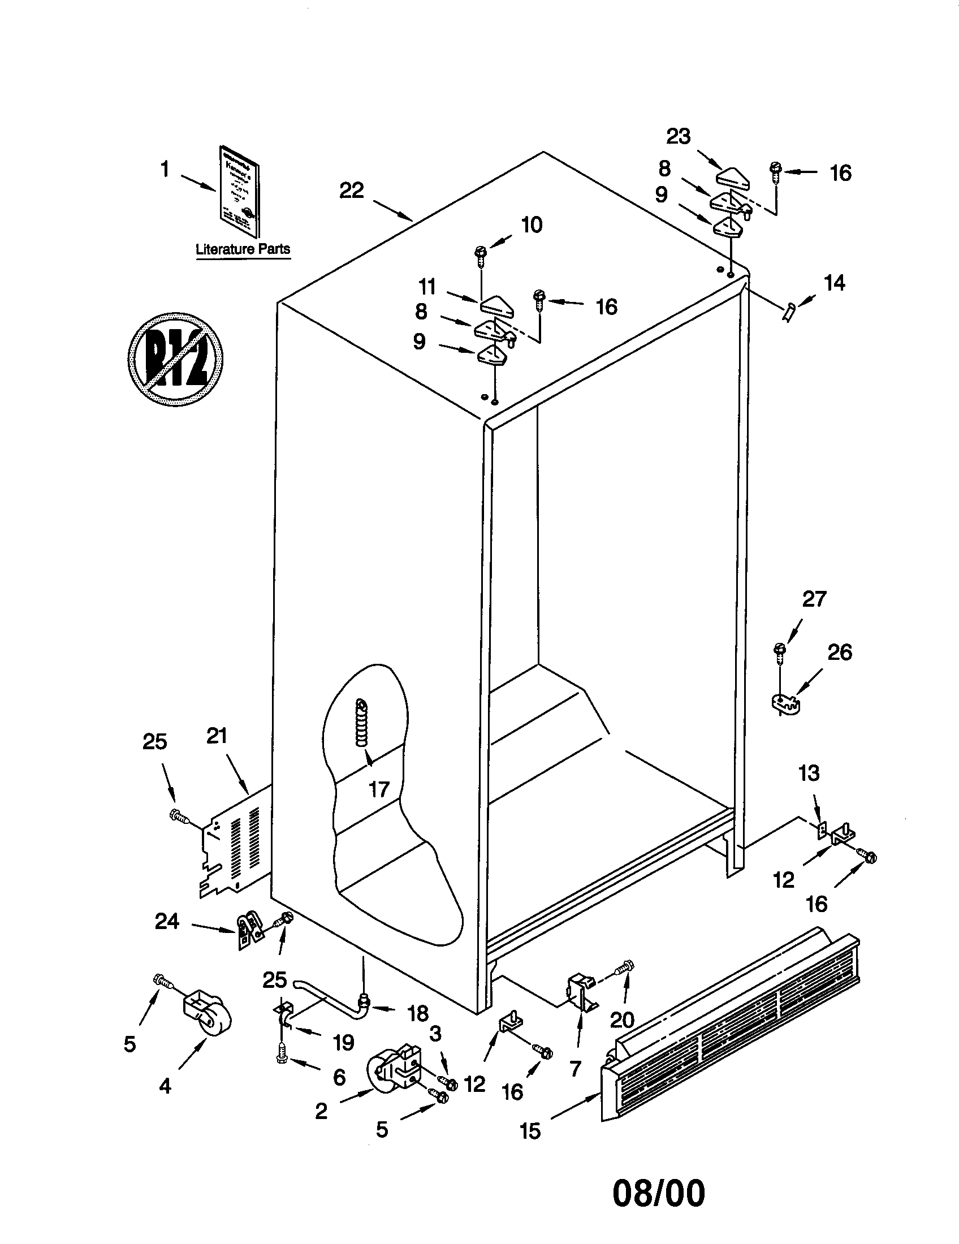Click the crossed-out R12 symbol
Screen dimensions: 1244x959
(175, 359)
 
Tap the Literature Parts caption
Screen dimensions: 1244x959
(243, 249)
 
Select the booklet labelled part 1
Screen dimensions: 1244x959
(239, 191)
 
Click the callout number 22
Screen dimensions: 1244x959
(351, 190)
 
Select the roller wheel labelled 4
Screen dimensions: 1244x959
(208, 1017)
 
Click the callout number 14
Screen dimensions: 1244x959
(834, 283)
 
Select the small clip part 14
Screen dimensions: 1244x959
(788, 312)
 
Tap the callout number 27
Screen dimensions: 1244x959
(814, 599)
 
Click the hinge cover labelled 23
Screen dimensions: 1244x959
(733, 178)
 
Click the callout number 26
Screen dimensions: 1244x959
(840, 651)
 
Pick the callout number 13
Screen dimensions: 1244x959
(809, 773)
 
